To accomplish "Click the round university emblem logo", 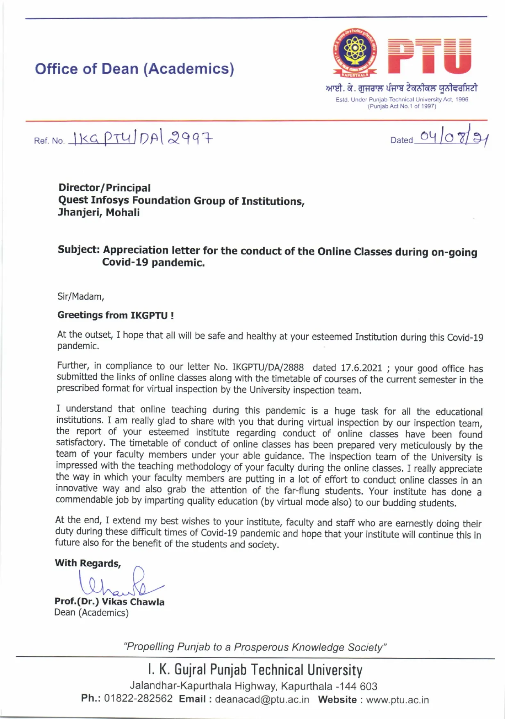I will tap(353, 51).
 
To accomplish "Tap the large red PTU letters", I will tap(429, 56).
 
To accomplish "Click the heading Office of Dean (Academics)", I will tap(134, 69).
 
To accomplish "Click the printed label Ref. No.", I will tap(49, 141).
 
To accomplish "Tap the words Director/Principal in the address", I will tap(105, 188).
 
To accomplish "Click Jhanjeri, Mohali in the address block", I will tap(99, 212).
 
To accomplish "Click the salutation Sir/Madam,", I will tap(81, 296).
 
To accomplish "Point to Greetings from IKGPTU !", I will tap(116, 315).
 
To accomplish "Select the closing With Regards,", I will tap(88, 563).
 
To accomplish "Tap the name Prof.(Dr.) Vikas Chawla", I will tap(109, 602).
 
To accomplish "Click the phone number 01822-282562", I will tap(138, 698).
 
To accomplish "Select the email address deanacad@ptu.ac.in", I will tap(262, 699).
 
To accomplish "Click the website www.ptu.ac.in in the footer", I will tap(397, 700).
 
